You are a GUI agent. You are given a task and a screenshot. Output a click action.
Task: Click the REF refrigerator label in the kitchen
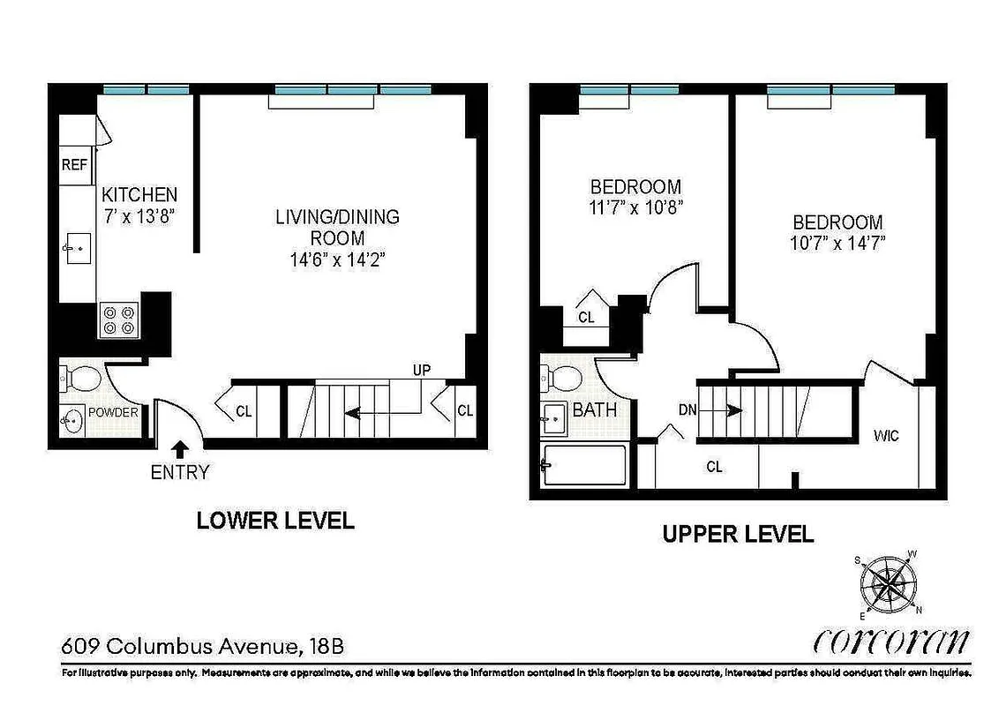[x=73, y=165]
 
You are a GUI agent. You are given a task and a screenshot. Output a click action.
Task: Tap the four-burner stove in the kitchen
[x=119, y=319]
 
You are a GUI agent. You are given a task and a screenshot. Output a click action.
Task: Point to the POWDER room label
[x=113, y=412]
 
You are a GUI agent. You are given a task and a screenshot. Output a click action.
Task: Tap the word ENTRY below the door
[x=180, y=473]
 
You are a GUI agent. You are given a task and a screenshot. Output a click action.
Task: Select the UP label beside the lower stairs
[x=422, y=370]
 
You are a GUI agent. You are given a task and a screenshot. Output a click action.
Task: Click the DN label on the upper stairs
[x=689, y=409]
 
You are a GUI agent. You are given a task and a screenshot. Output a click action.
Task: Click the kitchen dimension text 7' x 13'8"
[x=139, y=215]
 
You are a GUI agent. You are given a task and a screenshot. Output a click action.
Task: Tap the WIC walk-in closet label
[x=886, y=435]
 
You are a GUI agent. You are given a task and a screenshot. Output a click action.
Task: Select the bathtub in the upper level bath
[x=583, y=464]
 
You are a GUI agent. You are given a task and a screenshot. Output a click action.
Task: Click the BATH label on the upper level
[x=594, y=410]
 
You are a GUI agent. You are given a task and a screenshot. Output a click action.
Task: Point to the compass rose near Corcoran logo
[x=887, y=583]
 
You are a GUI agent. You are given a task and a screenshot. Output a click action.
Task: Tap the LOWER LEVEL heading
[x=274, y=521]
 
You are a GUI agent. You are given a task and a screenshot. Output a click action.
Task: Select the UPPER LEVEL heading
[x=738, y=534]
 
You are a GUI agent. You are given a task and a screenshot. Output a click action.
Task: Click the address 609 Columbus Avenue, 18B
[x=202, y=647]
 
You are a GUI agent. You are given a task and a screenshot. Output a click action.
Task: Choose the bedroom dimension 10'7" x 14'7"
[x=838, y=242]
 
